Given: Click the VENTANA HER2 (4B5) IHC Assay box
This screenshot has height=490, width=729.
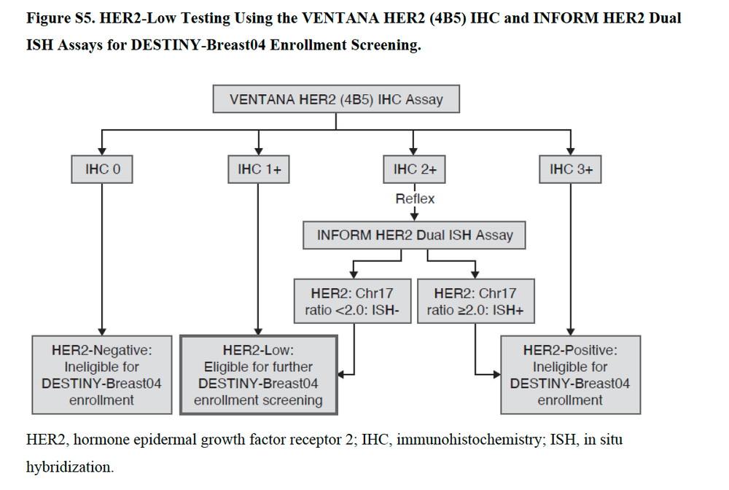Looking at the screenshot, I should click(336, 99).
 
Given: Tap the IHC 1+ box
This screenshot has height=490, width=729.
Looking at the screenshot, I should click(258, 170).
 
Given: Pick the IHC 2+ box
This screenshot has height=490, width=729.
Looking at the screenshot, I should click(414, 170).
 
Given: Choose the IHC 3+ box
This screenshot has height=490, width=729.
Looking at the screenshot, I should click(571, 170).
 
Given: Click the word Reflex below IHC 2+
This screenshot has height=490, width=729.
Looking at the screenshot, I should click(415, 198).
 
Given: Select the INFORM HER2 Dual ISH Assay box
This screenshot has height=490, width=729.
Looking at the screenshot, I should click(415, 236).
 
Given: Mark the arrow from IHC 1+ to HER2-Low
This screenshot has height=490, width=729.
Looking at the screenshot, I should click(258, 255).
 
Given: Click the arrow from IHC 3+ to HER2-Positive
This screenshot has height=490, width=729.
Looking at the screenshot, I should click(571, 255).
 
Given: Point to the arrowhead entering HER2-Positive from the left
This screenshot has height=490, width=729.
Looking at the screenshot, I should click(495, 375).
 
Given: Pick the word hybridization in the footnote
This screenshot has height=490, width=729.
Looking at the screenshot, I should click(70, 467).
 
